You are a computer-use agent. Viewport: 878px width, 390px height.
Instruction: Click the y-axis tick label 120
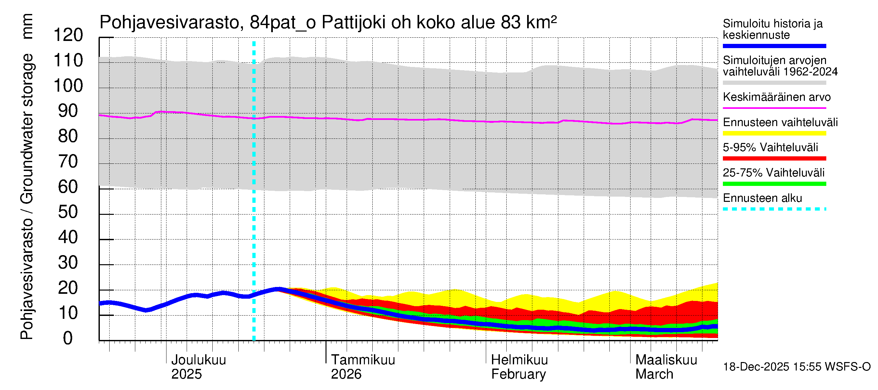pos(68,35)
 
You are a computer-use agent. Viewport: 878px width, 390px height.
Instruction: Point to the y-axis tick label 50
pos(68,212)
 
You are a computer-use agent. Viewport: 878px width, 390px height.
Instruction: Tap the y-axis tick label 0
pos(68,338)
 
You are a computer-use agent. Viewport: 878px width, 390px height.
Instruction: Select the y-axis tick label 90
pos(68,111)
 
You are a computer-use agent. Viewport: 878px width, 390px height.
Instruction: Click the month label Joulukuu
pos(198,360)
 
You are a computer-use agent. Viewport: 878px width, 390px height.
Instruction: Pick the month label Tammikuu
pos(363,360)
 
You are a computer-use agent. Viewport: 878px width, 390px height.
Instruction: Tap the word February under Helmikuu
pos(518,374)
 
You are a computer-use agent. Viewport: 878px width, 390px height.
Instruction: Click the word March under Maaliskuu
pos(654,374)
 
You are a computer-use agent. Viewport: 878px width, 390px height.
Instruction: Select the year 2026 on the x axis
pos(346,374)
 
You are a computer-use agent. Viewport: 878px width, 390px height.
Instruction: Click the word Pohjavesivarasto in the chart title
pos(169,23)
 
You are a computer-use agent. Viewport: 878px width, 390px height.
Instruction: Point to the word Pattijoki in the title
pos(353,23)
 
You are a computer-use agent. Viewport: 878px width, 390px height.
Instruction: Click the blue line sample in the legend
pos(774,46)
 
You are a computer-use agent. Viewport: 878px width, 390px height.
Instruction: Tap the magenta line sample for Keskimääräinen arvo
pos(774,108)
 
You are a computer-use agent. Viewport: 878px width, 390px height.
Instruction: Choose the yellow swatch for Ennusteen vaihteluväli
pos(774,133)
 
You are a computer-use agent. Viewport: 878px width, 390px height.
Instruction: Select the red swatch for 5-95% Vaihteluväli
pos(774,158)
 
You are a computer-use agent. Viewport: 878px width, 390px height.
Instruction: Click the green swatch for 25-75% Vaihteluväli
pos(774,184)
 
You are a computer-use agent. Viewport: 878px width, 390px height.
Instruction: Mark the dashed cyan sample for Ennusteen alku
pos(774,209)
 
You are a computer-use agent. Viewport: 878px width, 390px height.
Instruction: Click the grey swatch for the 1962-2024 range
pos(774,83)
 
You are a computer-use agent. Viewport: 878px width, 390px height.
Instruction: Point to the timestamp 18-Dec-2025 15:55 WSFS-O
pos(796,367)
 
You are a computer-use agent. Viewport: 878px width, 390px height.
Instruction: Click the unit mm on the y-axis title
pos(27,26)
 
